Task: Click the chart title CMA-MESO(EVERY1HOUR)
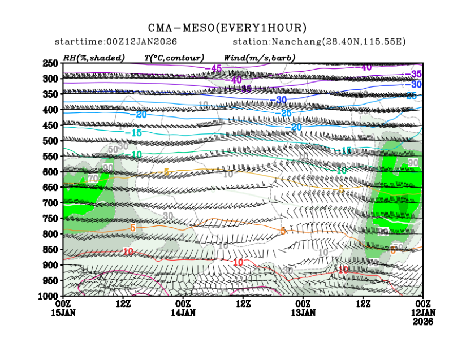[227, 28]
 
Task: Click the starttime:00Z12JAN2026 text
[116, 42]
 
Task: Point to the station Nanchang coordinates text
[319, 42]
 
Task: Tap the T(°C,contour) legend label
[174, 57]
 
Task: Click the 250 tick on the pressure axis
[51, 63]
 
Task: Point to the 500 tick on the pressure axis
[51, 141]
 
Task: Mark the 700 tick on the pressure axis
[51, 203]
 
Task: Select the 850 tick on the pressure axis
[51, 249]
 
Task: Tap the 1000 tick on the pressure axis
[49, 296]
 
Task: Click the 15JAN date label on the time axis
[63, 312]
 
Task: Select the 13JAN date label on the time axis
[303, 312]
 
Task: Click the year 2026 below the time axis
[423, 321]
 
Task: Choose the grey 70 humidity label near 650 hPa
[93, 179]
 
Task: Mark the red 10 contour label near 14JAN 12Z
[238, 263]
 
